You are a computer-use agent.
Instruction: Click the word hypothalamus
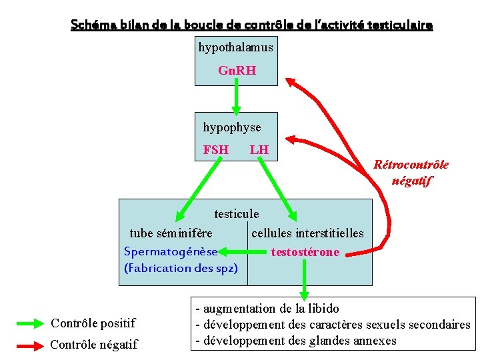[x=235, y=47]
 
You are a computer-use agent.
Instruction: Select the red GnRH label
[x=237, y=70]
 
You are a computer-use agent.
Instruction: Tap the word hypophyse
[x=232, y=127]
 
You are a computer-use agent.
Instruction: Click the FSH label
[x=215, y=150]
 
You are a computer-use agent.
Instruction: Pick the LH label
[x=259, y=150]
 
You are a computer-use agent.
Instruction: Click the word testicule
[x=236, y=214]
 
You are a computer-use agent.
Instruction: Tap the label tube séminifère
[x=171, y=233]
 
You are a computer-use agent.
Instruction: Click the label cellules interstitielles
[x=307, y=233]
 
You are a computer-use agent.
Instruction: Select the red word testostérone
[x=305, y=252]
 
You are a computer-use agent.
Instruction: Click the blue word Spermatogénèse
[x=171, y=251]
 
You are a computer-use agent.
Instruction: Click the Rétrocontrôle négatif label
[x=411, y=172]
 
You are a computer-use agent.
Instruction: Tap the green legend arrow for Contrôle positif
[x=29, y=323]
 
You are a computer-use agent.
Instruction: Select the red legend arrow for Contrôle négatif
[x=29, y=345]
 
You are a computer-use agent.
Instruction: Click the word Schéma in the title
[x=93, y=25]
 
